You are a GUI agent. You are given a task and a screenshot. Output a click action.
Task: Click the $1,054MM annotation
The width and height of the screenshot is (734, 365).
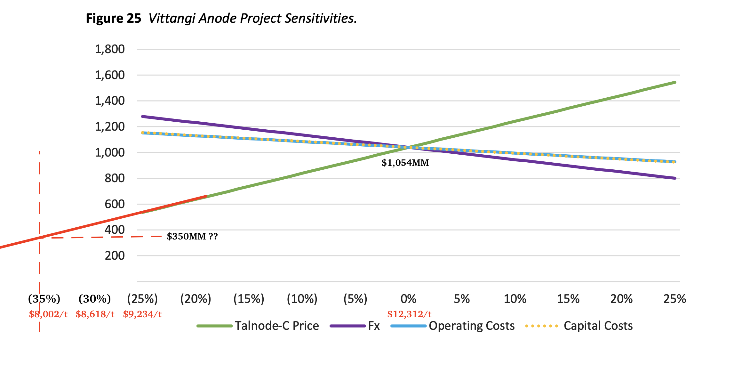(405, 163)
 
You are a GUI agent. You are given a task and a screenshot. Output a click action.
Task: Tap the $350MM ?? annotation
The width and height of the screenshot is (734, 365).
(192, 237)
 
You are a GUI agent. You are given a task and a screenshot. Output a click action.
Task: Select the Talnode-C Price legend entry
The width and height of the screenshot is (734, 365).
(258, 326)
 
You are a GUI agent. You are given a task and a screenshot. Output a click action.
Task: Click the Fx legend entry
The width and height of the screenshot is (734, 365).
(355, 326)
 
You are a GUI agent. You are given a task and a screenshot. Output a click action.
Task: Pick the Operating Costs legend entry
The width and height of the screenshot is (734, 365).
(453, 326)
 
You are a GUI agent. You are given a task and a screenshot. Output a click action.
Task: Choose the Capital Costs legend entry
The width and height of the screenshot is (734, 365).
(579, 326)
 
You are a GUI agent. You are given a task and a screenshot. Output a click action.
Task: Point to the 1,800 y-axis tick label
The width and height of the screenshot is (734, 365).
(110, 49)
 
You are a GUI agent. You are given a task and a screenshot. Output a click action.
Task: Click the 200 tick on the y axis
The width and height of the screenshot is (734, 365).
(115, 256)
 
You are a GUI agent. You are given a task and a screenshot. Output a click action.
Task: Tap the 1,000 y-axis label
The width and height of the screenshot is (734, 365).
(110, 153)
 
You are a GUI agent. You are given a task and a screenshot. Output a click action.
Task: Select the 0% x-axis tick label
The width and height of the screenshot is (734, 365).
(409, 299)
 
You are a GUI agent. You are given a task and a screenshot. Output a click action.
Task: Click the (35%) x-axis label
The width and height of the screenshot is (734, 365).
(44, 299)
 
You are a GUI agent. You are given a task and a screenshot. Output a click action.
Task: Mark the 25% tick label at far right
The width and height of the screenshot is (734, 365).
(674, 299)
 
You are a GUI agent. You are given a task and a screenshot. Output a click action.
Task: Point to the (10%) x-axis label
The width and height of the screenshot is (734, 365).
(302, 299)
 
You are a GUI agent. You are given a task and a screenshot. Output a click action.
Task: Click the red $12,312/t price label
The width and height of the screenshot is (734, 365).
(409, 314)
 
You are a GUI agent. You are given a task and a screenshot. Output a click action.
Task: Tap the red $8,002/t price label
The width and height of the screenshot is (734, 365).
(48, 314)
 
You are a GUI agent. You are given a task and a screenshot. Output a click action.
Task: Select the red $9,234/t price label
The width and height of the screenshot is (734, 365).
(142, 314)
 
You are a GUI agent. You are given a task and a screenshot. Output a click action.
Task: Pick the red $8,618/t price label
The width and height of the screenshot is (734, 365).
(95, 314)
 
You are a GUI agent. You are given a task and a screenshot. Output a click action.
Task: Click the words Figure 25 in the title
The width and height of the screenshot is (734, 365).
(113, 19)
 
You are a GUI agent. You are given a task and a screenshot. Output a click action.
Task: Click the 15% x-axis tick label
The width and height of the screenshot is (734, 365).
(568, 299)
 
